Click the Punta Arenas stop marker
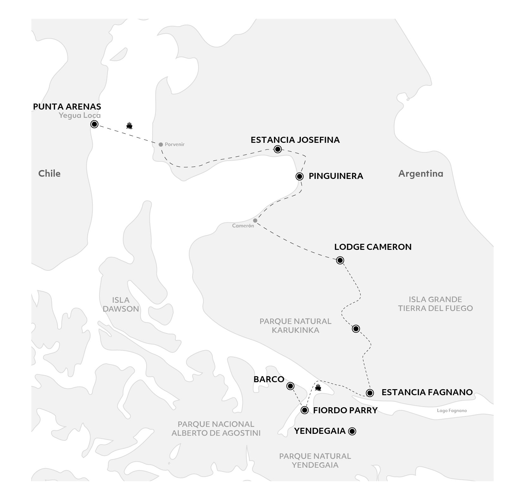94,124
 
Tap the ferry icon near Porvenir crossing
129,126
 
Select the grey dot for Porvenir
161,144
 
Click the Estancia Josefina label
295,140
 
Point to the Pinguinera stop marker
300,176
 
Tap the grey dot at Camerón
255,220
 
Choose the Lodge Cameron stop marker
340,260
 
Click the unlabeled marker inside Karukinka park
356,329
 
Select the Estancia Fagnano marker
370,393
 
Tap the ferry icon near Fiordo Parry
318,387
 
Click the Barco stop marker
290,386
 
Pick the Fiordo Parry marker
304,410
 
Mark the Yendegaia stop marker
352,431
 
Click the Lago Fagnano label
452,411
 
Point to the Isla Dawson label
121,304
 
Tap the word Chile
49,174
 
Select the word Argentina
421,174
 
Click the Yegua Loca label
80,116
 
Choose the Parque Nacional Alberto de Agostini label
216,428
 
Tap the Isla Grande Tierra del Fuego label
435,304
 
